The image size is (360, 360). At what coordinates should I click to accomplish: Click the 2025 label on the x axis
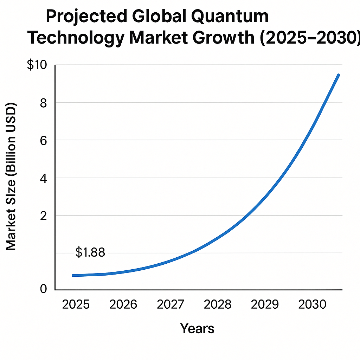click(x=76, y=304)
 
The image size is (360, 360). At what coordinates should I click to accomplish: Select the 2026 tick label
click(x=123, y=304)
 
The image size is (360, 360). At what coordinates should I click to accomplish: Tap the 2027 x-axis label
click(x=171, y=304)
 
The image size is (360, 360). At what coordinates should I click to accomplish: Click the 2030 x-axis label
click(x=312, y=304)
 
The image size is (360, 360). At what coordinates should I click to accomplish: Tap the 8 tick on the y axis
click(x=43, y=103)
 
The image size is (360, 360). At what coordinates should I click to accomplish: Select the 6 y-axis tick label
click(x=43, y=140)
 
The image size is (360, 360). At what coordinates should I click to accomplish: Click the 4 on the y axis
click(x=43, y=178)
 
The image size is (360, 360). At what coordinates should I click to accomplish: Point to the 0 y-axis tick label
click(x=43, y=289)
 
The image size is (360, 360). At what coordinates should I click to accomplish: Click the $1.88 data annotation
click(x=90, y=252)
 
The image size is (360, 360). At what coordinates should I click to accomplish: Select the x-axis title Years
click(x=197, y=328)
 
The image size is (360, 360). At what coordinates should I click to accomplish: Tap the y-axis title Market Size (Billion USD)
click(x=11, y=177)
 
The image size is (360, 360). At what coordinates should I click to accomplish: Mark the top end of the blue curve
click(x=338, y=75)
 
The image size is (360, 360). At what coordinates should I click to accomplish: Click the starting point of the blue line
click(x=73, y=276)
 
